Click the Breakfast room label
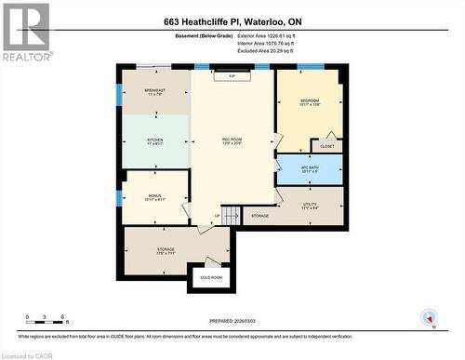pos(154,90)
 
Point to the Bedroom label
pos(310,100)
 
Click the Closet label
pos(326,146)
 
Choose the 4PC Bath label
pos(310,168)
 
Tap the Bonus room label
pos(154,195)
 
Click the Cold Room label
pos(211,277)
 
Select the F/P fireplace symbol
pos(232,76)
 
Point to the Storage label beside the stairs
pos(259,215)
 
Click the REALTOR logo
pos(25,32)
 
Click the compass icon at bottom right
pos(428,317)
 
